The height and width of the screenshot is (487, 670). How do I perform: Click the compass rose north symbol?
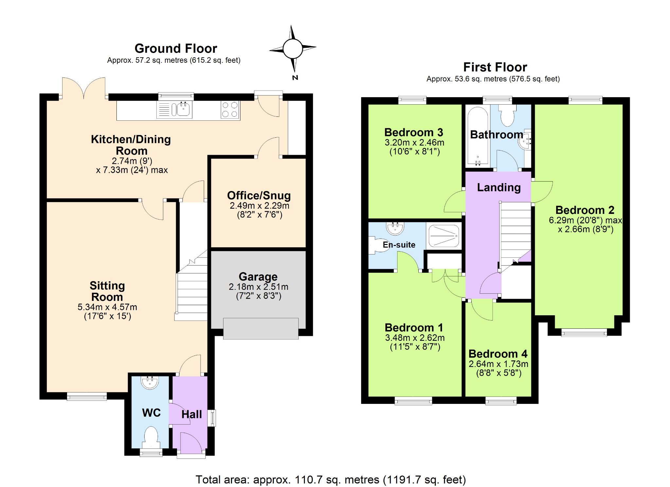[x=292, y=49]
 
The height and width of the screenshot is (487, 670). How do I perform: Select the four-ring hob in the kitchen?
[x=230, y=110]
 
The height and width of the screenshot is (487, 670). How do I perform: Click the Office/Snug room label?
[x=259, y=195]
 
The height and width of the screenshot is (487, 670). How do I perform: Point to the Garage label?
[x=258, y=276]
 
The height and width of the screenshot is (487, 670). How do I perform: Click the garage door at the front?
[x=261, y=328]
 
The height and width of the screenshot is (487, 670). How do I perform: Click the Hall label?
[x=192, y=414]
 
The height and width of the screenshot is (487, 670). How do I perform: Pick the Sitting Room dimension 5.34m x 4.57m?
[x=107, y=307]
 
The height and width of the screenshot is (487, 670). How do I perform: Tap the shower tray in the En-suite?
[x=444, y=235]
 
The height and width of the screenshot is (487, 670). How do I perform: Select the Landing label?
[x=499, y=187]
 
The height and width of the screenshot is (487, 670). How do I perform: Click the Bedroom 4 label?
[x=498, y=354]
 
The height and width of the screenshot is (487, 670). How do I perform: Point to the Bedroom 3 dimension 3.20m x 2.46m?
[x=414, y=143]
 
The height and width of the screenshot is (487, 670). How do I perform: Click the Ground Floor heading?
[x=176, y=48]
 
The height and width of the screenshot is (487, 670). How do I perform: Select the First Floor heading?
[x=495, y=67]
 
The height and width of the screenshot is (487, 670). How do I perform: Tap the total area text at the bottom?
[x=331, y=479]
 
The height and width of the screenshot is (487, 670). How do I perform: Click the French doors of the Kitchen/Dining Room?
[x=84, y=88]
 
